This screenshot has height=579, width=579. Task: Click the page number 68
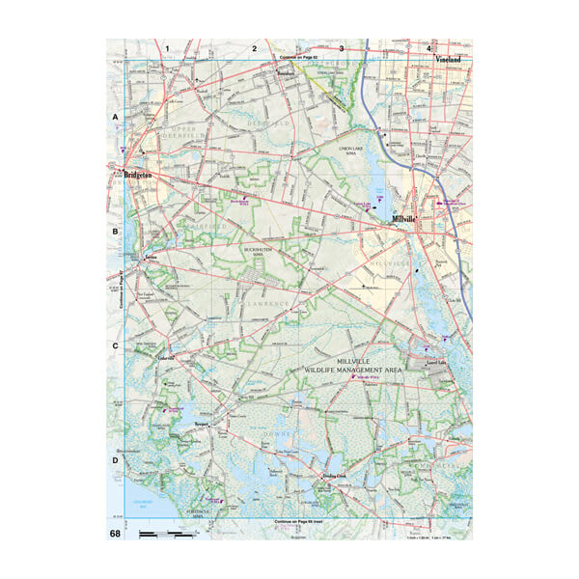(115, 534)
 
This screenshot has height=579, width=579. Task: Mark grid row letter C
(115, 345)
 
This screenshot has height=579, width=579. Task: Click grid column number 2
(255, 47)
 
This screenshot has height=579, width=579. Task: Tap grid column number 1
(168, 47)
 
